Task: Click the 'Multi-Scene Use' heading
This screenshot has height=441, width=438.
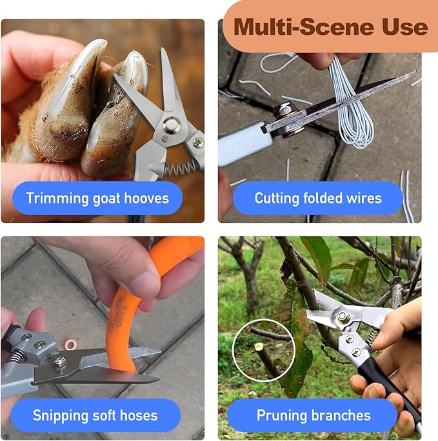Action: click(330, 26)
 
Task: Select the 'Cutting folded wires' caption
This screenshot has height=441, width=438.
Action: click(317, 198)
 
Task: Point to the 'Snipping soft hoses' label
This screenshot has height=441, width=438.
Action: click(95, 415)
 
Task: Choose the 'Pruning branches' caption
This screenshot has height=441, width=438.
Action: click(314, 415)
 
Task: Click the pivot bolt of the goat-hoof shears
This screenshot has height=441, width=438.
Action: click(171, 125)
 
